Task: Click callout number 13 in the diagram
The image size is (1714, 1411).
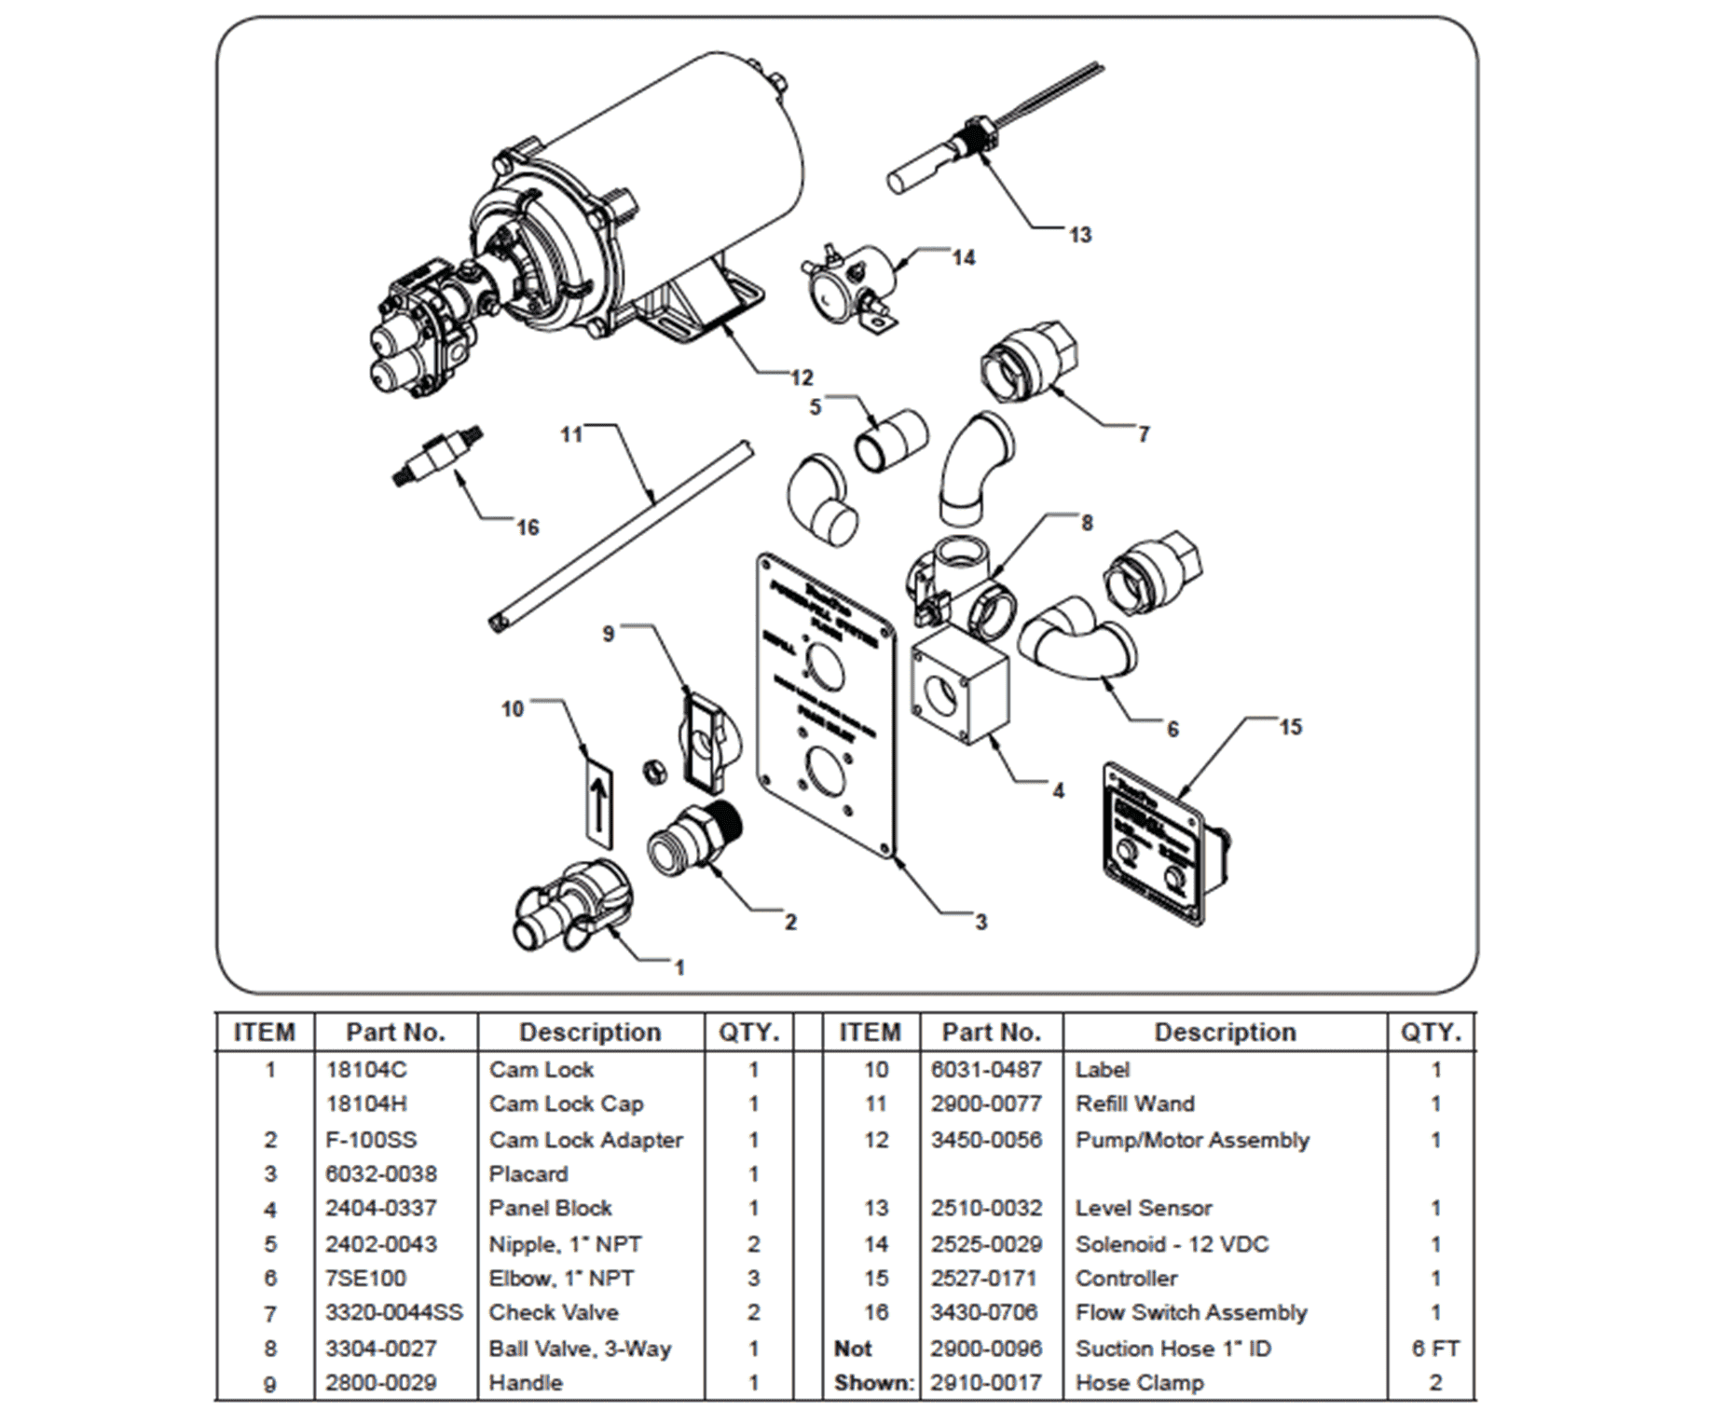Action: pos(1079,235)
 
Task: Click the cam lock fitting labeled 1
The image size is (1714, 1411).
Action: pos(571,903)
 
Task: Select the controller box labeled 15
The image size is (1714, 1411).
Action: pos(1165,843)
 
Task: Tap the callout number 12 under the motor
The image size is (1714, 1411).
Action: pos(802,377)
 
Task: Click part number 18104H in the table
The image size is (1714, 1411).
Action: pos(366,1103)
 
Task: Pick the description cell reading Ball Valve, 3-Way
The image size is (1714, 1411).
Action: pos(580,1349)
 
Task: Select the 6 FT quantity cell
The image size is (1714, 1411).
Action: pos(1434,1349)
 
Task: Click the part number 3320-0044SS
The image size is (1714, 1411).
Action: pos(393,1312)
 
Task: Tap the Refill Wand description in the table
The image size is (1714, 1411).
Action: pos(1134,1103)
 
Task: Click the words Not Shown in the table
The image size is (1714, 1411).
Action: pos(872,1366)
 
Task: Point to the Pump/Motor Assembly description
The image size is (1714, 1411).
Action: pos(1191,1140)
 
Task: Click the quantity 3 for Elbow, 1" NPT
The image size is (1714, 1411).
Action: pos(753,1278)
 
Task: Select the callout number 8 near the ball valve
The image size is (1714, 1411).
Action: pos(1086,523)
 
